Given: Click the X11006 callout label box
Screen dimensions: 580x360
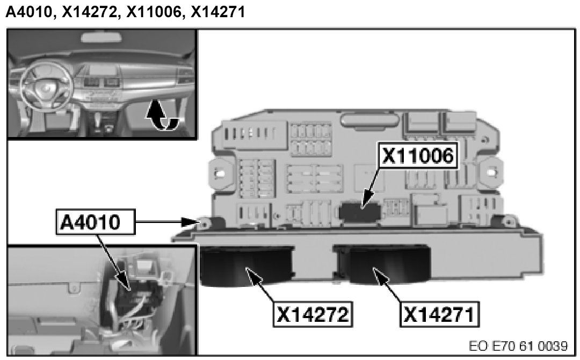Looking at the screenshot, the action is pyautogui.click(x=418, y=156).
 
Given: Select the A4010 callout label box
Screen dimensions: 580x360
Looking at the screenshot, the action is pyautogui.click(x=96, y=222).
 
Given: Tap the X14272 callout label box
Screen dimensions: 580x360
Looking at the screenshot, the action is pyautogui.click(x=313, y=314).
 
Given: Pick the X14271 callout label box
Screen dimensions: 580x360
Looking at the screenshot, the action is pyautogui.click(x=439, y=314).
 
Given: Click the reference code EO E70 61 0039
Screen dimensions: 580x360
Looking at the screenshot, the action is pyautogui.click(x=518, y=346).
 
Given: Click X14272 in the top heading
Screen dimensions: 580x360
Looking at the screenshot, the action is pyautogui.click(x=89, y=12).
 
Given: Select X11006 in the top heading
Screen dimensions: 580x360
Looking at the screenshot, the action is pyautogui.click(x=154, y=12).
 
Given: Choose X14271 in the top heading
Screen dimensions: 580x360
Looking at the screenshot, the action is pyautogui.click(x=218, y=12).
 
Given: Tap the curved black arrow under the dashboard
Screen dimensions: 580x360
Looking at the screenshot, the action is pyautogui.click(x=162, y=116).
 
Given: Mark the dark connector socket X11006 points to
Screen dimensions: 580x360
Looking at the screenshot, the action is pyautogui.click(x=359, y=211).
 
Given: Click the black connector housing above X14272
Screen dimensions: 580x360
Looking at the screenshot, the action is pyautogui.click(x=247, y=265).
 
